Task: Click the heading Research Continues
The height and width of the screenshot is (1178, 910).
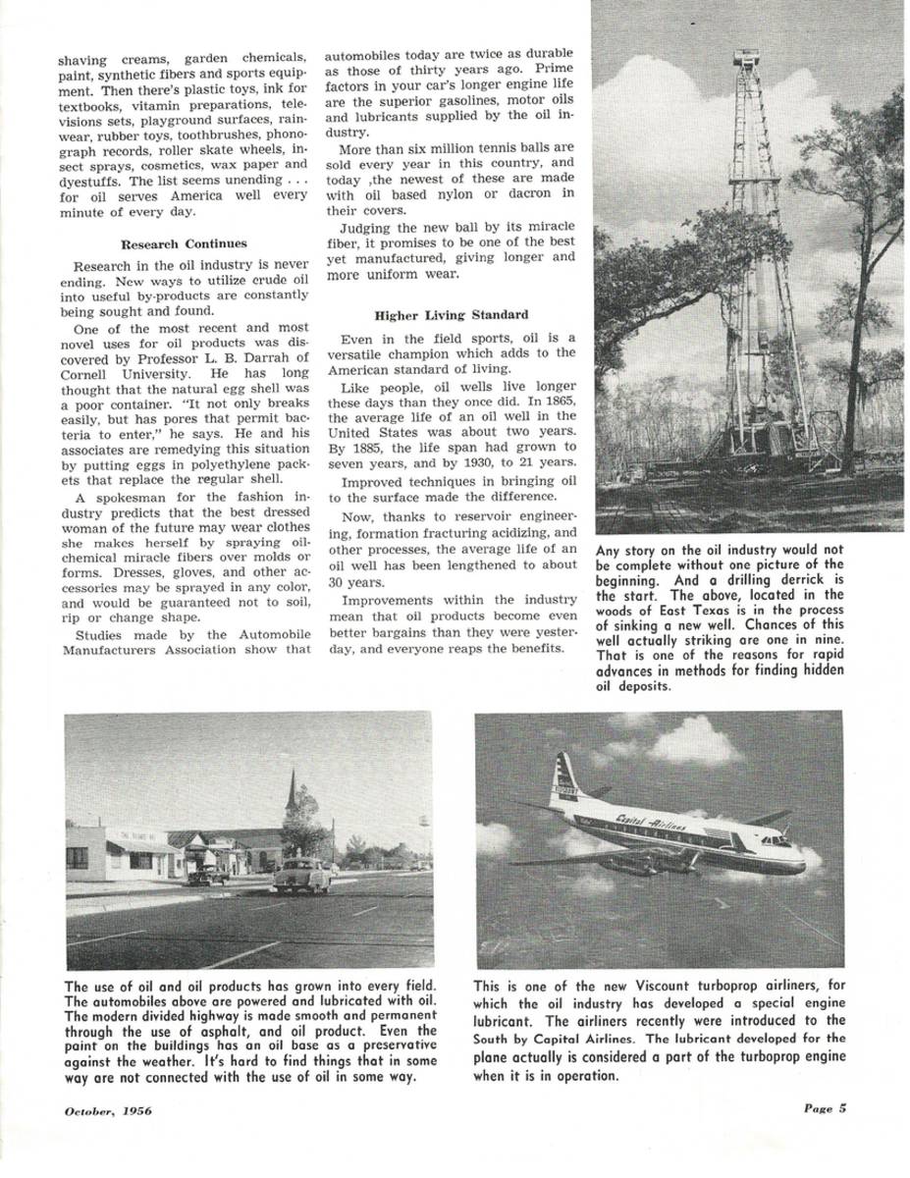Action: coord(184,243)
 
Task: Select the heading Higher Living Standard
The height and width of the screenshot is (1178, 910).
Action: coord(451,315)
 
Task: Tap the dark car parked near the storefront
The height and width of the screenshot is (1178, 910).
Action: coord(208,873)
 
